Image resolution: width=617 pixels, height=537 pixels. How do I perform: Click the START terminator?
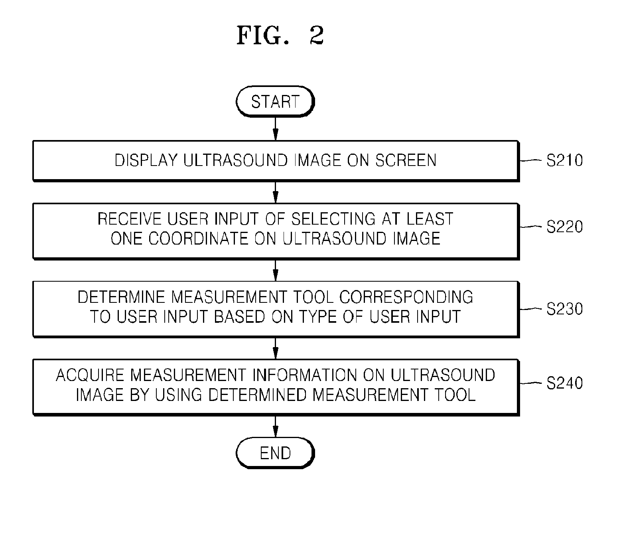pyautogui.click(x=275, y=102)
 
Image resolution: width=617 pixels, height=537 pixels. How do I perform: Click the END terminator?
pyautogui.click(x=275, y=453)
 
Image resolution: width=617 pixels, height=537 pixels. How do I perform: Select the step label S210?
pyautogui.click(x=564, y=160)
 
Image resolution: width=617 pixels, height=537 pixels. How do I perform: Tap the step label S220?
pyautogui.click(x=564, y=227)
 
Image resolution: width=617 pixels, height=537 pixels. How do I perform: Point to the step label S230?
pyautogui.click(x=564, y=309)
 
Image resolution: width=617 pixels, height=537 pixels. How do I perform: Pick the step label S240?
pyautogui.click(x=564, y=383)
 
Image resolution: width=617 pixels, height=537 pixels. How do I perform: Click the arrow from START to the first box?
pyautogui.click(x=275, y=129)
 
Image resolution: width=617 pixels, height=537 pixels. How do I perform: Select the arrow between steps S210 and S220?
pyautogui.click(x=275, y=192)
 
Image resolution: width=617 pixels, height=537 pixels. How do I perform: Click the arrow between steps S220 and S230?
pyautogui.click(x=275, y=270)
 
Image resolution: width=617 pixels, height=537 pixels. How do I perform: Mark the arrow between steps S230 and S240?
pyautogui.click(x=275, y=348)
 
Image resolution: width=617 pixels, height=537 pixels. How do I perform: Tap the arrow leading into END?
pyautogui.click(x=275, y=426)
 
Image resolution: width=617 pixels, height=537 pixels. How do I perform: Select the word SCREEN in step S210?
pyautogui.click(x=406, y=160)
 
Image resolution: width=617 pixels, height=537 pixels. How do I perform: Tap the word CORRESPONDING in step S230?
pyautogui.click(x=406, y=297)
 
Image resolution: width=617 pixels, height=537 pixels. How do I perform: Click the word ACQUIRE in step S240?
pyautogui.click(x=90, y=375)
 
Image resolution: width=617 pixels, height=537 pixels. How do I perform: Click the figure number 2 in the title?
pyautogui.click(x=317, y=35)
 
